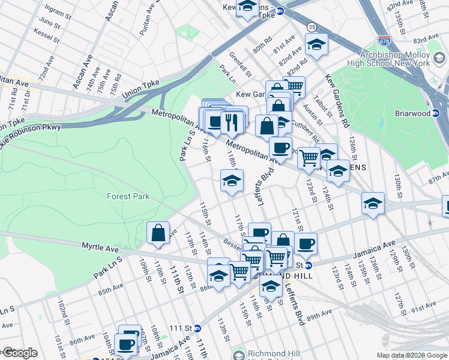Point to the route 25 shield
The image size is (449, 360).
tap(312, 27)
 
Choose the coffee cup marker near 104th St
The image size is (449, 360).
tap(125, 344)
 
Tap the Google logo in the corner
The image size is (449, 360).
tap(19, 353)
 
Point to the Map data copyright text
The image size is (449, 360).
tap(412, 355)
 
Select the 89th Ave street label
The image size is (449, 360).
tap(322, 313)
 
